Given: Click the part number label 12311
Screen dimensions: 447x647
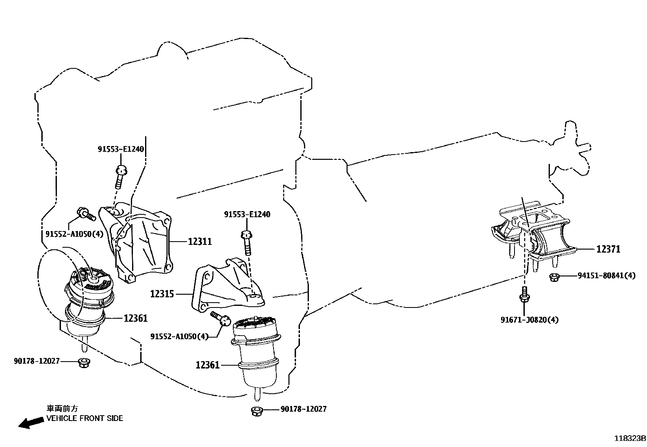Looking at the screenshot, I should click(200, 242).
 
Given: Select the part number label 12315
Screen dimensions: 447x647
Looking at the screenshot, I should click(162, 294).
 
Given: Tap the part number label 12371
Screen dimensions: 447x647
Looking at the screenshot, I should click(608, 249).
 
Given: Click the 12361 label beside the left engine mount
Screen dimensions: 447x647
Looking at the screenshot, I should click(135, 318).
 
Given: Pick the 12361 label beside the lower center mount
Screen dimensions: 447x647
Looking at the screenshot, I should click(207, 365).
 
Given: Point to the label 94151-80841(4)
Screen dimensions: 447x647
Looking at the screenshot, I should click(606, 276).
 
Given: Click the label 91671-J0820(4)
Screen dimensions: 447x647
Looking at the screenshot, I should click(529, 320).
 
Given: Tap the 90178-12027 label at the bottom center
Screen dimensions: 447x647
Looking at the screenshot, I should click(303, 409).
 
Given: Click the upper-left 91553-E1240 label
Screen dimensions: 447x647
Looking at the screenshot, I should click(120, 149).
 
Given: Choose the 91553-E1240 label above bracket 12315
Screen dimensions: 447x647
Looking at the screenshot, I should click(247, 214).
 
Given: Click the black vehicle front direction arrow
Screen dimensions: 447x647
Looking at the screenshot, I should click(30, 423).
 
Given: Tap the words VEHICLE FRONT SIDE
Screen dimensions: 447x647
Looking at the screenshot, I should click(84, 418).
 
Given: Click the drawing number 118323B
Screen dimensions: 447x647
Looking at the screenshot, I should click(630, 438).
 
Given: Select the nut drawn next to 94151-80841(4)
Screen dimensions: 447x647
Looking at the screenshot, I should click(553, 277).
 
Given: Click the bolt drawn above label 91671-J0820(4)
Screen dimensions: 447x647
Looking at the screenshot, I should click(524, 296).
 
